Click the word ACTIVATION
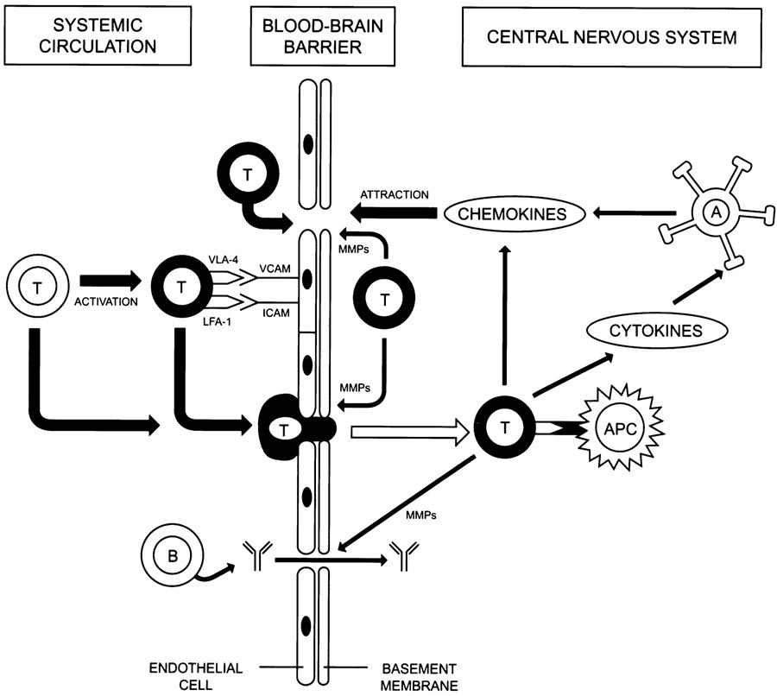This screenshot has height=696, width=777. [107, 303]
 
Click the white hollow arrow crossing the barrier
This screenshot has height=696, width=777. [406, 426]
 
